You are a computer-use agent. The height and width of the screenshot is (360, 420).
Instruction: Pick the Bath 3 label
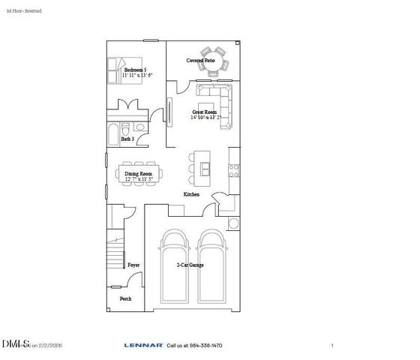point(128,139)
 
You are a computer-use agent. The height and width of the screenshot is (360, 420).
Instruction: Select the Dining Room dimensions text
point(139,179)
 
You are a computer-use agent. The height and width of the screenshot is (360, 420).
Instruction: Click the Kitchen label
point(192,194)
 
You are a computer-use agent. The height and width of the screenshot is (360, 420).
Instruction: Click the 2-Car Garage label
point(190,265)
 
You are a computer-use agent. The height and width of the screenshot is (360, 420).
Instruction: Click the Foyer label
point(133,265)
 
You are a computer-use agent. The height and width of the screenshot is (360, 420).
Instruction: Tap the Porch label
point(125,298)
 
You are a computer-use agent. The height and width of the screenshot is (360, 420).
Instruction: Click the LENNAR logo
point(144,346)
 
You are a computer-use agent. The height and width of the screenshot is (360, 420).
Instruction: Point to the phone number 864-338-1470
point(205,346)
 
